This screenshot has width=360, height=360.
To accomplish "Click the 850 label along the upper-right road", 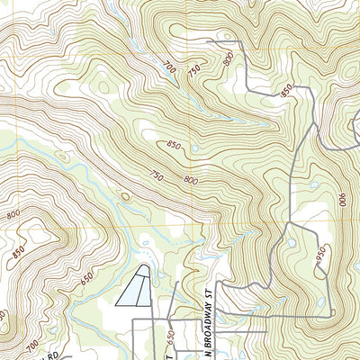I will pyautogui.click(x=287, y=89).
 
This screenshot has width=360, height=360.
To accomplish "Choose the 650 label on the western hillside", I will pyautogui.click(x=86, y=280).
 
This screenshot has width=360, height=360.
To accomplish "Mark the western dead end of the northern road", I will pyautogui.click(x=208, y=41).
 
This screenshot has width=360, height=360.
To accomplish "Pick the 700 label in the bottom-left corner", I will pyautogui.click(x=32, y=345).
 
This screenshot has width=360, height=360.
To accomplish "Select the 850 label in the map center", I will pyautogui.click(x=175, y=145).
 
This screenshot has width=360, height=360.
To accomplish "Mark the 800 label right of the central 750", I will pyautogui.click(x=190, y=180).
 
